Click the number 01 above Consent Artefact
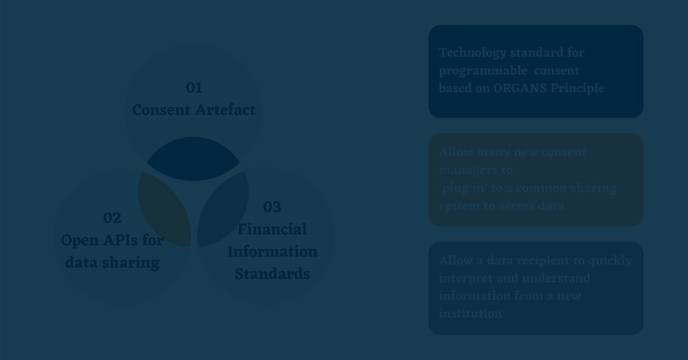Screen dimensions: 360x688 [194, 88]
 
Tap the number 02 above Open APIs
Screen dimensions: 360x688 [112, 218]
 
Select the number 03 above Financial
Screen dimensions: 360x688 [272, 207]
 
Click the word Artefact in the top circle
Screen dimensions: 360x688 [225, 109]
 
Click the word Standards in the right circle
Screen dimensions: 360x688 [272, 274]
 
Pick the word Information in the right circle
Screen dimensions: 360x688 [272, 252]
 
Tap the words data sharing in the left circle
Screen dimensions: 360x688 [112, 263]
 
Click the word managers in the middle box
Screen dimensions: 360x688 [466, 170]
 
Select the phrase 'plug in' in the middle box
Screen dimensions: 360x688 [462, 188]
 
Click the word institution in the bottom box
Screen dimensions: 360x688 [470, 314]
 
